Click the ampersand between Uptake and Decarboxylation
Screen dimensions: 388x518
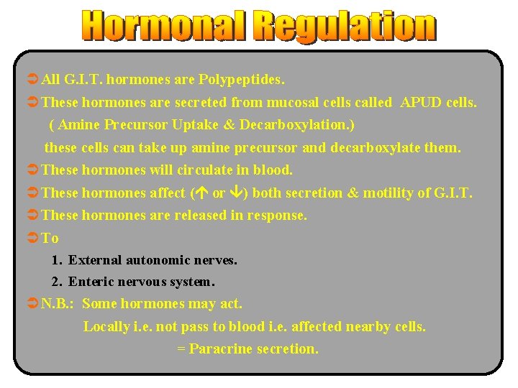tap(229, 124)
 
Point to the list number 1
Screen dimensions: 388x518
tap(55, 259)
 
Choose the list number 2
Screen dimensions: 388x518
tap(55, 282)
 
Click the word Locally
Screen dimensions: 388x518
tap(106, 326)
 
